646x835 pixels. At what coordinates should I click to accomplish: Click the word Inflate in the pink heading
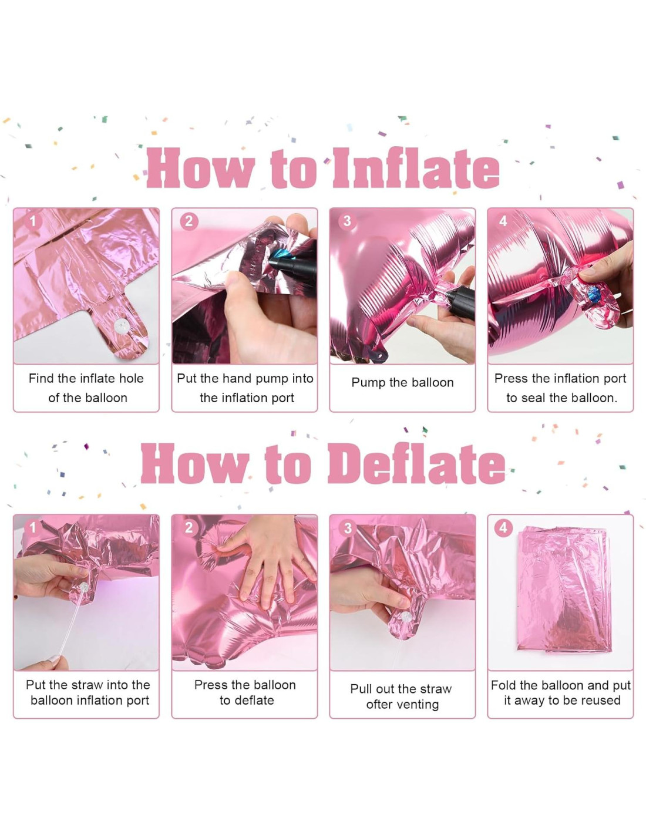[x=416, y=169]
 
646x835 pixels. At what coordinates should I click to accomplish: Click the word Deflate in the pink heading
[x=416, y=464]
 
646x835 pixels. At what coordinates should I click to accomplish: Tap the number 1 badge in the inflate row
[x=33, y=221]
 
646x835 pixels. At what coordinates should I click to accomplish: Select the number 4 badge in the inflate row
[x=503, y=221]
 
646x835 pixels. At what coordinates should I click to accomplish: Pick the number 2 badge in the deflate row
[x=189, y=527]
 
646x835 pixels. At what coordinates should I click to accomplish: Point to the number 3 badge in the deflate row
[x=348, y=528]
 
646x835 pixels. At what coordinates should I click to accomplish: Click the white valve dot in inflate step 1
[x=122, y=326]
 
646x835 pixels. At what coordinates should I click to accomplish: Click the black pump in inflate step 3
[x=460, y=303]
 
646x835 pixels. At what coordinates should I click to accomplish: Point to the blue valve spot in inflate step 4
[x=594, y=294]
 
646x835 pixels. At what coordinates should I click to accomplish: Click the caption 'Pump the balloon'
[x=402, y=382]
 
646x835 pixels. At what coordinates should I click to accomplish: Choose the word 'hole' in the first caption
[x=131, y=379]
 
